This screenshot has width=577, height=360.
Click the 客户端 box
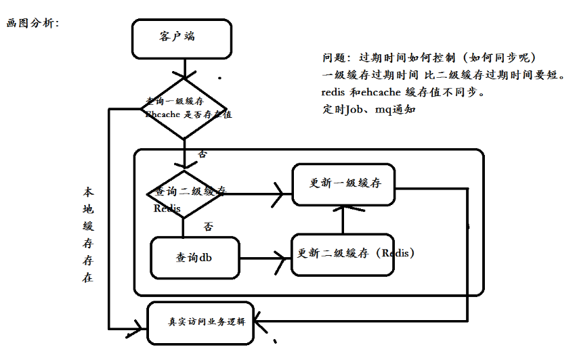pos(181,39)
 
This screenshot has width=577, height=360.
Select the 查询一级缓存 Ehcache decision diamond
pos(184,108)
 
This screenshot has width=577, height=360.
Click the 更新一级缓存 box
pos(343,184)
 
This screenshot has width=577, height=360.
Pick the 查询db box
pos(195,258)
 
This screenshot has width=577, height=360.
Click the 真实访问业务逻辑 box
pos(200,322)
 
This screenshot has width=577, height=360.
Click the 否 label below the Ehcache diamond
pos(202,154)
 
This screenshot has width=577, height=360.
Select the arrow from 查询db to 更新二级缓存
pos(264,258)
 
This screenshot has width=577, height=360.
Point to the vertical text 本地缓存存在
pos(88,234)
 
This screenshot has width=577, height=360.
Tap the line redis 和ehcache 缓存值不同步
pos(404,92)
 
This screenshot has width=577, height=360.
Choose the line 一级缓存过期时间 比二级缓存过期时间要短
pos(444,74)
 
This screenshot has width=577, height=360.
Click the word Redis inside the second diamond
pos(167,208)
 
